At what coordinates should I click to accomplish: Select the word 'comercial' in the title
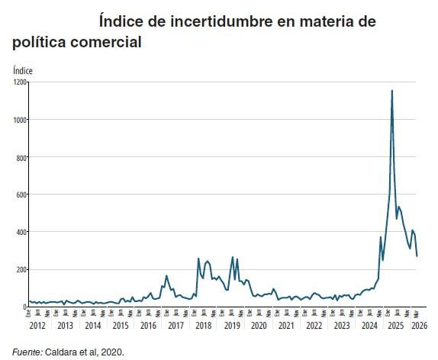click(105, 42)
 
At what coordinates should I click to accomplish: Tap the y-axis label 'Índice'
click(23, 70)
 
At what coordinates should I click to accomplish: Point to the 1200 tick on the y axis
click(19, 82)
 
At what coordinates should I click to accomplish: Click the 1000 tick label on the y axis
click(19, 120)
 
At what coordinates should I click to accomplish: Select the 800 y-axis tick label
click(21, 157)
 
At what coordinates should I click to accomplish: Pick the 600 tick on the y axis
click(21, 194)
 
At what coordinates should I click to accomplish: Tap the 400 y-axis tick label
click(21, 232)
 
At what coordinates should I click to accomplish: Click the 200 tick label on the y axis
click(21, 269)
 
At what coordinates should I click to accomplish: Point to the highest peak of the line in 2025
click(392, 91)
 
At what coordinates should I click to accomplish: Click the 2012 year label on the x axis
click(37, 326)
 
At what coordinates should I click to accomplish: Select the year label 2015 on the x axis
click(120, 326)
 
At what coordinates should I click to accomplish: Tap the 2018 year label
click(203, 326)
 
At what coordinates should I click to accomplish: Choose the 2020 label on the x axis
click(259, 326)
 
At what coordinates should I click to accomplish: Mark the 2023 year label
click(342, 326)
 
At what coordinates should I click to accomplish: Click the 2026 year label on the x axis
click(419, 326)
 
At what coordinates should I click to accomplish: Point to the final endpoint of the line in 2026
click(417, 256)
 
